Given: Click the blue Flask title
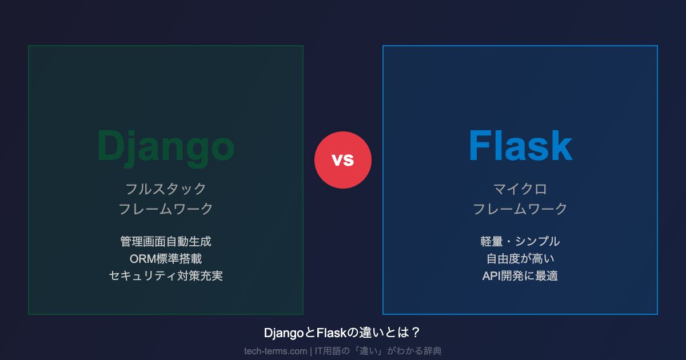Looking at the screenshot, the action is pyautogui.click(x=520, y=146).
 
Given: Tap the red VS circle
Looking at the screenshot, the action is pyautogui.click(x=343, y=160).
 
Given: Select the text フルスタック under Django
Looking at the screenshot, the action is pyautogui.click(x=166, y=189).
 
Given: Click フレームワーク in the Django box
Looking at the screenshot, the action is pyautogui.click(x=166, y=209).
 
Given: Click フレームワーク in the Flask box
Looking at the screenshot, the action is pyautogui.click(x=520, y=209).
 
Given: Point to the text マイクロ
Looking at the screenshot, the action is pyautogui.click(x=520, y=189).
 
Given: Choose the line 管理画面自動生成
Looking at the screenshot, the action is pyautogui.click(x=166, y=242).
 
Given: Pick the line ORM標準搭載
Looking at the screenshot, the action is pyautogui.click(x=166, y=259).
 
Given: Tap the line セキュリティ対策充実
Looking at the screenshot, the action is pyautogui.click(x=166, y=276).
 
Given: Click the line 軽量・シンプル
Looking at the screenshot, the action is pyautogui.click(x=520, y=242).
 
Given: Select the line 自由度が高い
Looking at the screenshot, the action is pyautogui.click(x=520, y=259).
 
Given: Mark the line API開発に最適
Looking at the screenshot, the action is pyautogui.click(x=520, y=276).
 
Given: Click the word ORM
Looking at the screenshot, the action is pyautogui.click(x=143, y=259).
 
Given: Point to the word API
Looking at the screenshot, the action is pyautogui.click(x=491, y=276).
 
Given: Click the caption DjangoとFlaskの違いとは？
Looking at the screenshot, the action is pyautogui.click(x=342, y=333).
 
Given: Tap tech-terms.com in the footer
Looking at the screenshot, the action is pyautogui.click(x=276, y=351).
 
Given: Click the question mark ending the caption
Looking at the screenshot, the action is pyautogui.click(x=416, y=333).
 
